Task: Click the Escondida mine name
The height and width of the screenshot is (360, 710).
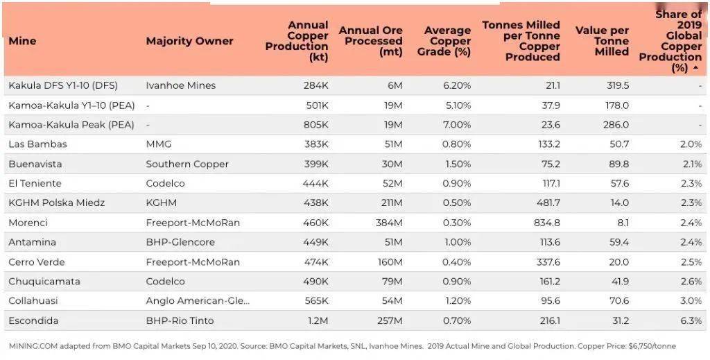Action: point(33,320)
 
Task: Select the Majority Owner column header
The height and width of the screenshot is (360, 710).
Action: point(189,41)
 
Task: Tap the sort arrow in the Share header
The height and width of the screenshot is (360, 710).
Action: point(695,68)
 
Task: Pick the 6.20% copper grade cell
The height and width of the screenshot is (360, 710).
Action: point(456,85)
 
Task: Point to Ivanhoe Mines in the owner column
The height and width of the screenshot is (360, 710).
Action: point(181,85)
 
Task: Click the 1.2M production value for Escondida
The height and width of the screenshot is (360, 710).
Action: point(318,320)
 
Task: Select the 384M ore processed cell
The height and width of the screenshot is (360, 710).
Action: point(389,223)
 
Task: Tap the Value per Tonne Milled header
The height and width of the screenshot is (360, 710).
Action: point(603,41)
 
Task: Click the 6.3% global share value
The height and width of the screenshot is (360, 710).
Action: point(691,320)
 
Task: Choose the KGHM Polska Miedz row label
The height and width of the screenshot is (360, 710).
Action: point(57,203)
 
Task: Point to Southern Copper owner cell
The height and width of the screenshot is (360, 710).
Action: point(187,164)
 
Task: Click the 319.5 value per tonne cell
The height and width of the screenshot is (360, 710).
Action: point(618,85)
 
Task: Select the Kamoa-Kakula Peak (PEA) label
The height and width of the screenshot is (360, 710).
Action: point(71,125)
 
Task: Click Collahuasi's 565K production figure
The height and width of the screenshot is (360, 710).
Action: point(316,300)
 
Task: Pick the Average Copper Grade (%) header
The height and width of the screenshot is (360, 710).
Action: point(444,41)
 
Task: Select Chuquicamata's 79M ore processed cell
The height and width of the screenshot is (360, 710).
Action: point(392,281)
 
